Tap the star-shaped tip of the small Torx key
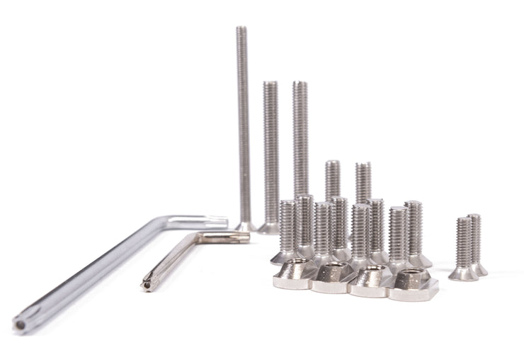[147, 285]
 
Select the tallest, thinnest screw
[243, 128]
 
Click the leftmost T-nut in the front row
[293, 276]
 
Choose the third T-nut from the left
[371, 280]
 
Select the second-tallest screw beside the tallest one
[270, 156]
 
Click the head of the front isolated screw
[463, 273]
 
